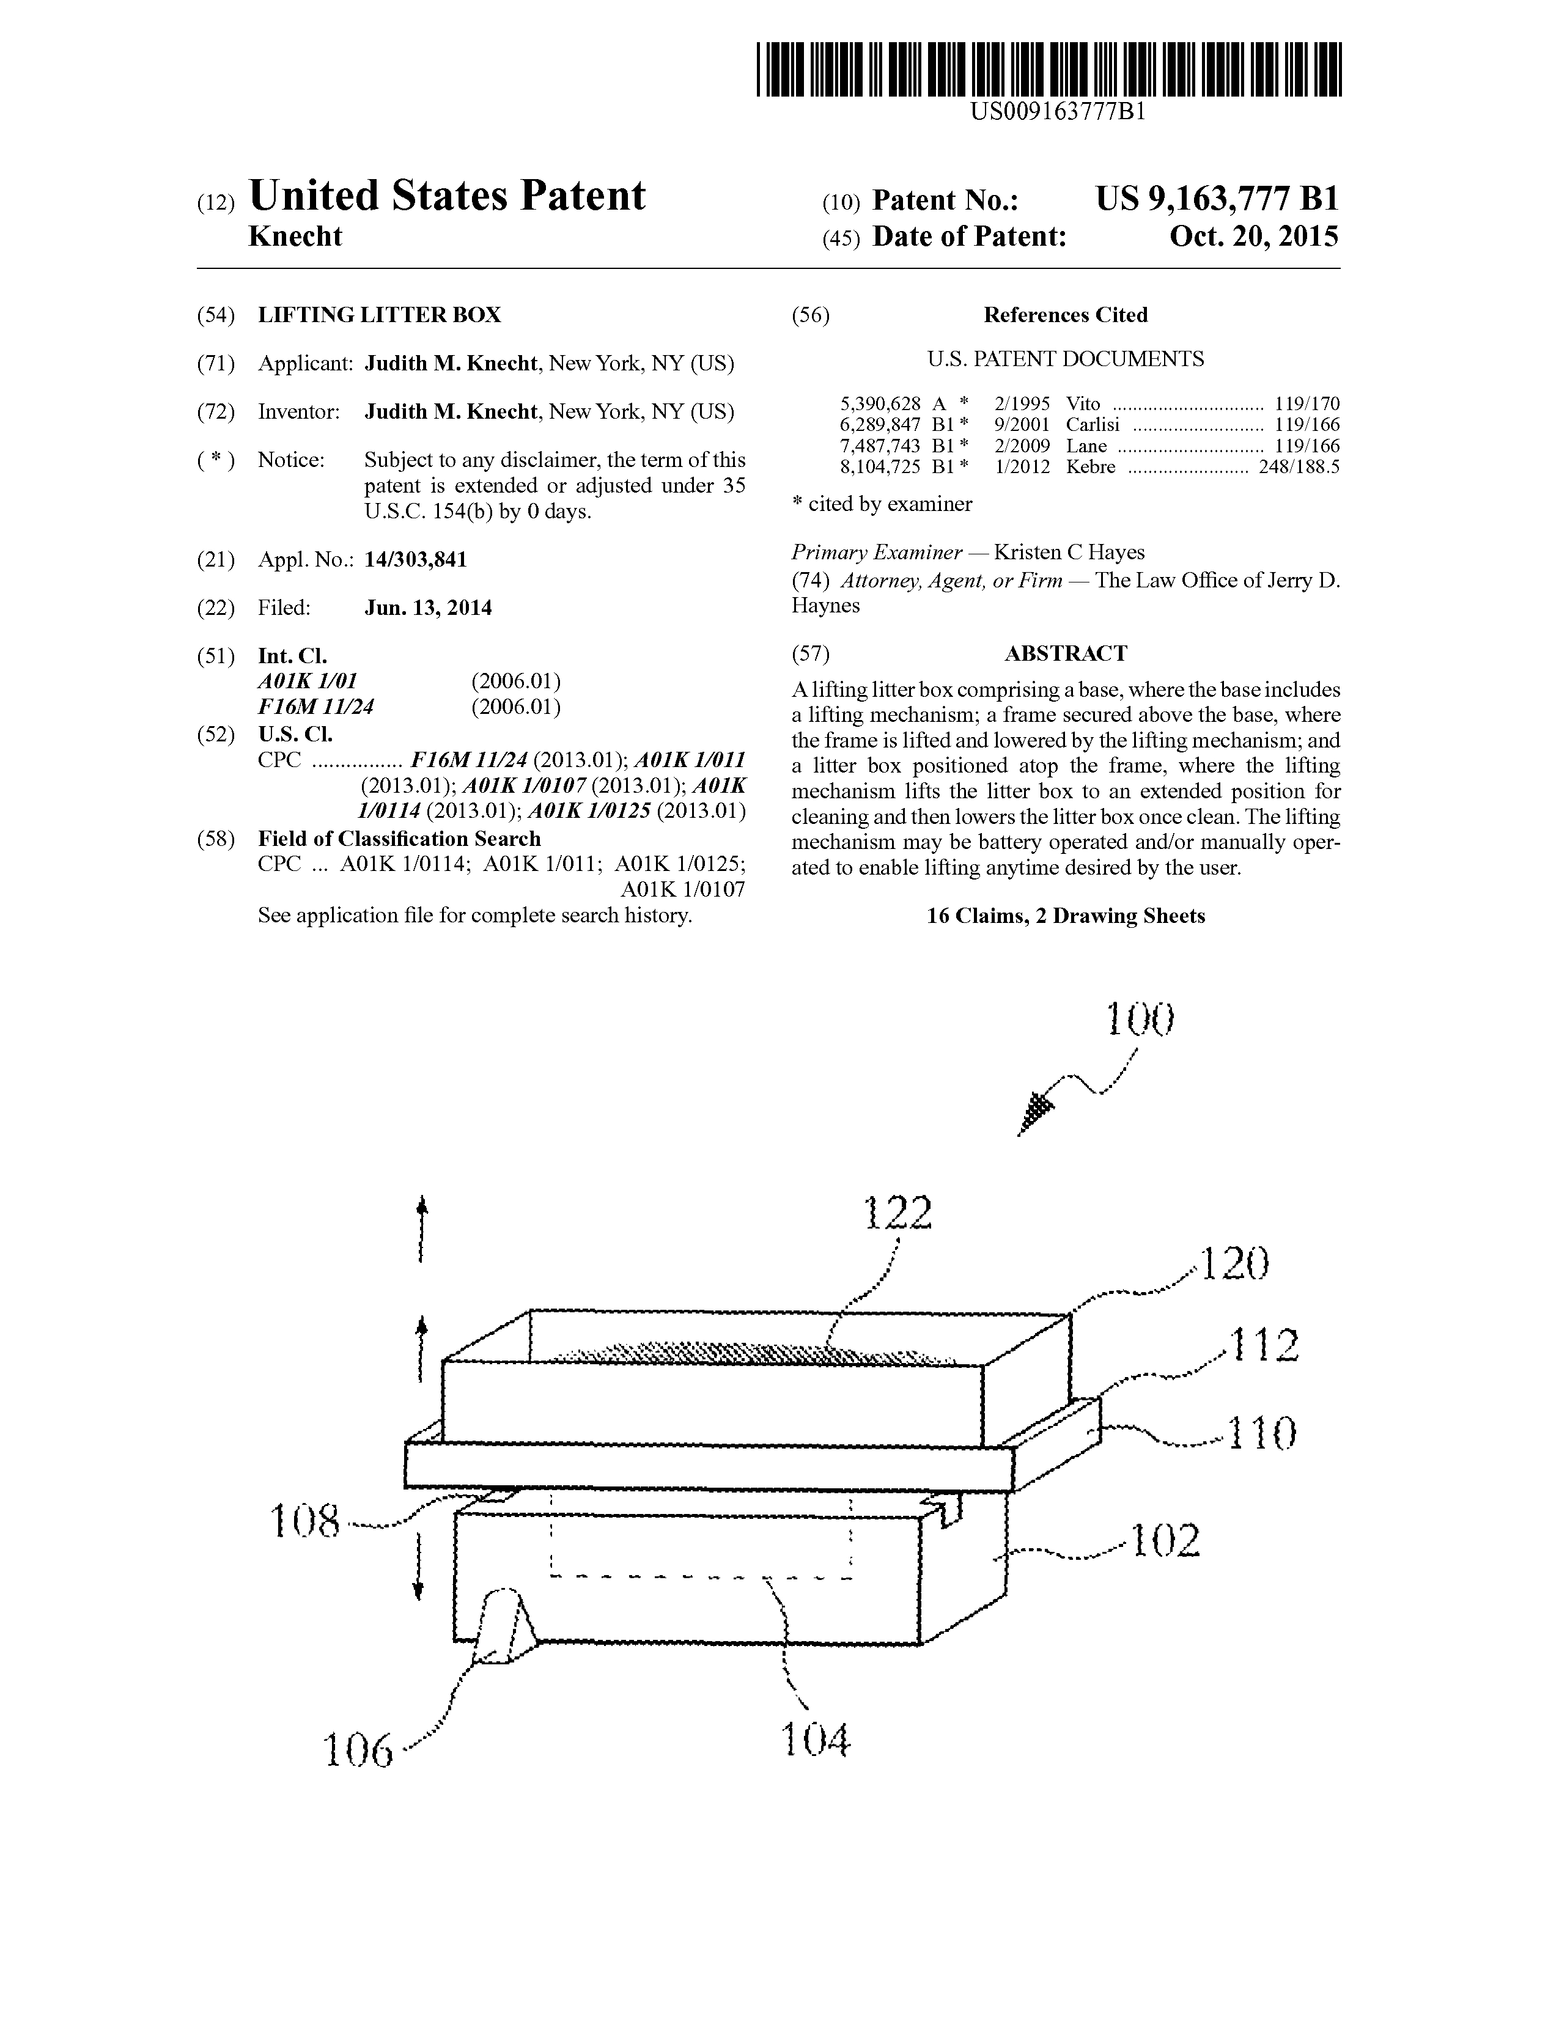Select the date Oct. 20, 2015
coord(1253,237)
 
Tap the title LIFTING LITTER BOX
coord(380,315)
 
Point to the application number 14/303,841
coord(416,560)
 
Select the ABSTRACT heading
coord(1066,654)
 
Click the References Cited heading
coord(1065,315)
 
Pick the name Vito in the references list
coord(1083,403)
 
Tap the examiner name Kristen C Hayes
coord(1069,553)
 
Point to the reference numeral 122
coord(897,1213)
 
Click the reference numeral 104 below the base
coord(814,1741)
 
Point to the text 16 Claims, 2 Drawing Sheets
coord(1066,916)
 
